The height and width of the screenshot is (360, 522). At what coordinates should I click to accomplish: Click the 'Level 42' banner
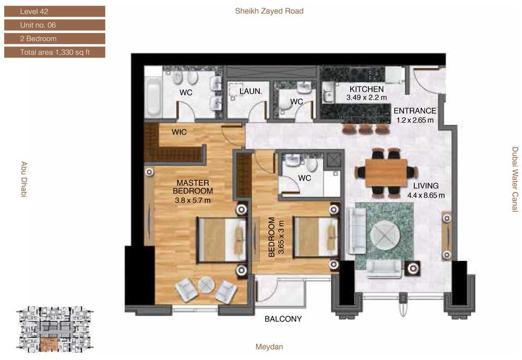55,11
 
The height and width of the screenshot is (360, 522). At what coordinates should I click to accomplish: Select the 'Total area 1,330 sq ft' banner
55,52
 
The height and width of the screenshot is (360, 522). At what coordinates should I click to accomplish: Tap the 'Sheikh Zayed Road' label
269,11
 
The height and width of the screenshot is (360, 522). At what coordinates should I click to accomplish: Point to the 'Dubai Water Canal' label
515,179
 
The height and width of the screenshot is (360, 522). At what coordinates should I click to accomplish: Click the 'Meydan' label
269,346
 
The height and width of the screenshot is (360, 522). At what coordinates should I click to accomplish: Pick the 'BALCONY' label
283,319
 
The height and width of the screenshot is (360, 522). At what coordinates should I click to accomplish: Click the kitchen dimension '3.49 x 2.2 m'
366,98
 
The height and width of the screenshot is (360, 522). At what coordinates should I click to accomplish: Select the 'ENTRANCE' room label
415,111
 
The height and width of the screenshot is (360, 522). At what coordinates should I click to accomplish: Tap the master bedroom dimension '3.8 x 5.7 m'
193,200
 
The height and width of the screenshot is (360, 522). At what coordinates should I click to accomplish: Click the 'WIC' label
179,132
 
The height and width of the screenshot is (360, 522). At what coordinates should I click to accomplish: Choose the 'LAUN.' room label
251,91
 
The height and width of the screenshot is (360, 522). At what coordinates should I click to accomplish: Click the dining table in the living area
386,173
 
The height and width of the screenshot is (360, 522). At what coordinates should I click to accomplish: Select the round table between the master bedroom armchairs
206,285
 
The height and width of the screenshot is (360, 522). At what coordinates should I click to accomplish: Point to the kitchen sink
328,92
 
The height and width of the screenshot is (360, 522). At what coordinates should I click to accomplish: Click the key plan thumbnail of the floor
55,329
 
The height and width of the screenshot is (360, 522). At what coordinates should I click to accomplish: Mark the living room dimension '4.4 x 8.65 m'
426,195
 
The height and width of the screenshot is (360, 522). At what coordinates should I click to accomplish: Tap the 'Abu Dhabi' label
24,179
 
